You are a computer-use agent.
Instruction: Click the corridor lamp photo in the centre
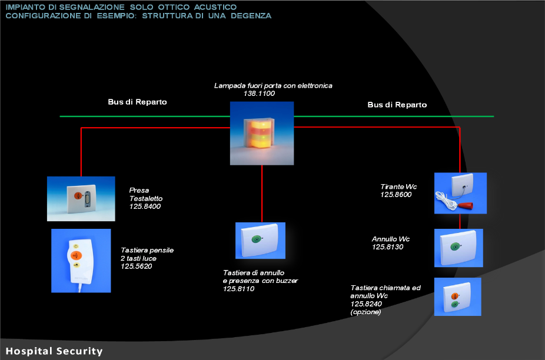coord(262,133)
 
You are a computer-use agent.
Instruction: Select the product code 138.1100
coord(259,94)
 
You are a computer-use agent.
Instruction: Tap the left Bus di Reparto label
coord(137,102)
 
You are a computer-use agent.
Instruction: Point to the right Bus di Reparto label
coord(397,105)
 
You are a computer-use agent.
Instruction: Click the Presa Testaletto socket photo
coord(81,199)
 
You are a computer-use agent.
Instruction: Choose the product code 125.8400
coord(145,206)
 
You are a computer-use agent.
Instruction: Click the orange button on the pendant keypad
coord(76,256)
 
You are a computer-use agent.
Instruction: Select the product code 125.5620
coord(137,266)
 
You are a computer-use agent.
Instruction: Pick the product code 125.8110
coord(238,289)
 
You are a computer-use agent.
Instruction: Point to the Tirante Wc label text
coord(398,186)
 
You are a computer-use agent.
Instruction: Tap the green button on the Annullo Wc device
coord(455,246)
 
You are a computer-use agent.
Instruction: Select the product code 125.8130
coord(387,247)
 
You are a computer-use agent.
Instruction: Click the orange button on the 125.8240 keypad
coord(454,296)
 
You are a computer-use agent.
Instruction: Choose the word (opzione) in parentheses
coord(365,312)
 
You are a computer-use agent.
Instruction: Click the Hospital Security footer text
coord(54,351)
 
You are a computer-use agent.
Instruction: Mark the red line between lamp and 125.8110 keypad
coord(262,194)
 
